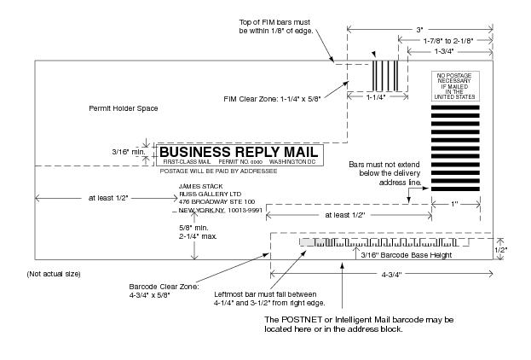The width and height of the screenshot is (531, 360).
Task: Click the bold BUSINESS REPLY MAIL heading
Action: (x=239, y=152)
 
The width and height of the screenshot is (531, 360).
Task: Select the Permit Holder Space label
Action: (x=124, y=108)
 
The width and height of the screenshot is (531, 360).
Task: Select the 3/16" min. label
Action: (x=128, y=152)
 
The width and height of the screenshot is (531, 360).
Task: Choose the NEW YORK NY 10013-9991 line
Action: (x=220, y=210)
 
